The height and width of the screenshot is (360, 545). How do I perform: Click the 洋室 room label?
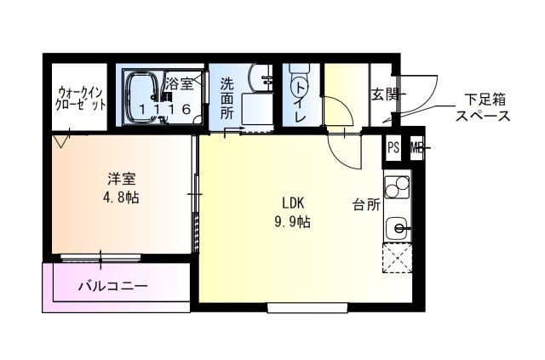click(x=121, y=180)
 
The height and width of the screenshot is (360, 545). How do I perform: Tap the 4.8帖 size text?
click(x=121, y=197)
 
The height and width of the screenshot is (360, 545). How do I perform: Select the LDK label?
click(x=293, y=203)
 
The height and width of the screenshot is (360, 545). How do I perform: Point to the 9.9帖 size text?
click(x=293, y=221)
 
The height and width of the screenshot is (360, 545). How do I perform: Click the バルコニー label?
click(x=113, y=287)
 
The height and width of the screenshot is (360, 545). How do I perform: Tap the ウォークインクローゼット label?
click(x=80, y=99)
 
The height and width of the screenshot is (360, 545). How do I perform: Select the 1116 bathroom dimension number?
click(x=165, y=109)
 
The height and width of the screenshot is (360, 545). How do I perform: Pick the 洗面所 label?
click(x=227, y=99)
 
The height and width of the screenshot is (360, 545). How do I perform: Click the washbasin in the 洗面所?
click(x=261, y=79)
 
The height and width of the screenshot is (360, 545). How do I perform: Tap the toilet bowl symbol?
click(x=299, y=80)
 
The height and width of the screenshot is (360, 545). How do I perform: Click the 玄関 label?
click(x=385, y=94)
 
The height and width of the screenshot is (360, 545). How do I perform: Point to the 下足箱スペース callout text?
click(x=483, y=107)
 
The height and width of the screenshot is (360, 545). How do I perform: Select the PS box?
click(x=393, y=148)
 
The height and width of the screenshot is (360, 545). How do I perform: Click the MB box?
click(x=416, y=148)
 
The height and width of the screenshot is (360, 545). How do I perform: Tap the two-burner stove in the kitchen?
click(x=398, y=187)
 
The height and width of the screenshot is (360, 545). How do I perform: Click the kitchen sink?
click(x=398, y=229)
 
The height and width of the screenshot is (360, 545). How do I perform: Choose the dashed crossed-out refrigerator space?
click(x=397, y=258)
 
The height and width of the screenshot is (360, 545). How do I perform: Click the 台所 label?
click(x=366, y=204)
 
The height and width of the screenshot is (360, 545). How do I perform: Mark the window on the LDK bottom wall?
click(x=308, y=307)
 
